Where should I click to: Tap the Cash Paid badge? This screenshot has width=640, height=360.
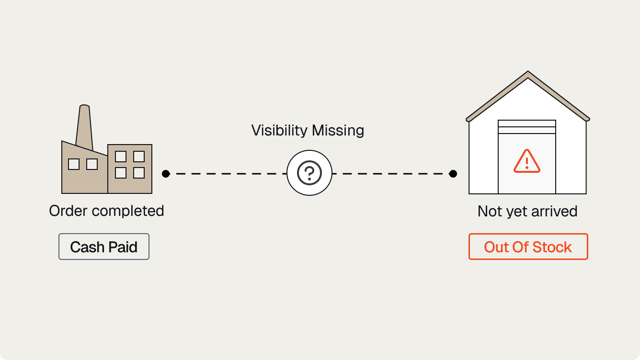click(104, 247)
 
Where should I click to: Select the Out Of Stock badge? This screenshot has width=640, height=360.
click(528, 247)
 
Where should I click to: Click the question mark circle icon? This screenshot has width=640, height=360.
click(309, 173)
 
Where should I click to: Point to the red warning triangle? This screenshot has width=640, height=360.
click(527, 162)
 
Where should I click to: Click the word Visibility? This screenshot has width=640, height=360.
click(279, 131)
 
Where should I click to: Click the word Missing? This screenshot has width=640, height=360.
click(338, 131)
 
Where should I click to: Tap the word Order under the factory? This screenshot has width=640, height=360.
click(68, 211)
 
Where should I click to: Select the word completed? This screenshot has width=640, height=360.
click(128, 211)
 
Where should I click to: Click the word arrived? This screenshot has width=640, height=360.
click(554, 211)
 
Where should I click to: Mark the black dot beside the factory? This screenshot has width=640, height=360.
click(166, 174)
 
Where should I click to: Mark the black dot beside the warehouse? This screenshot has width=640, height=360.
click(453, 174)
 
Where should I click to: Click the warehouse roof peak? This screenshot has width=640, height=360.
click(528, 72)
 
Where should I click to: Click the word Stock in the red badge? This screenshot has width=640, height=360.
click(552, 247)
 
